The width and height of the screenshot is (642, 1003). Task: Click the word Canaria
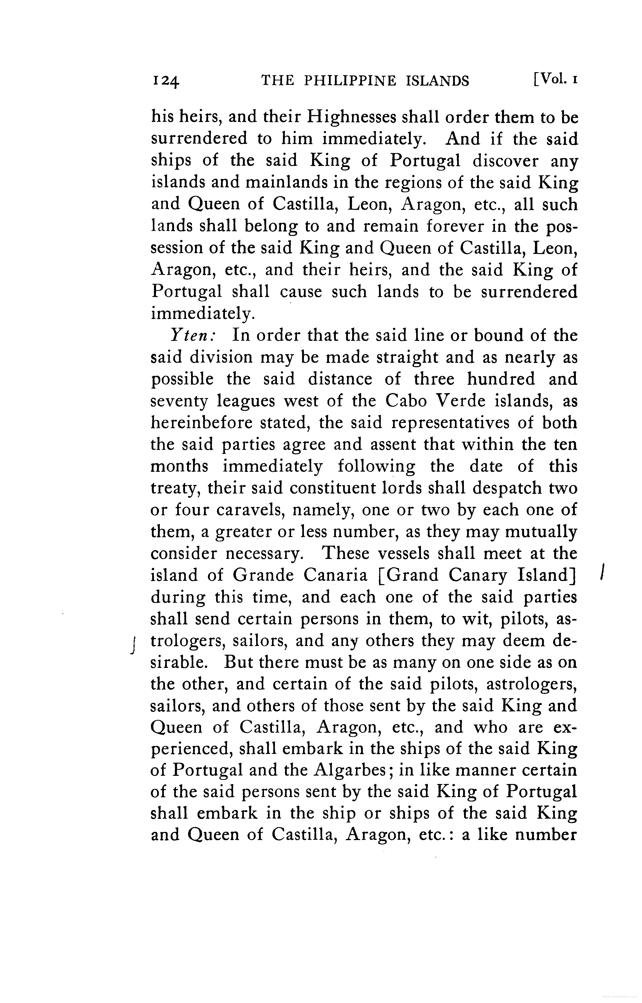[336, 575]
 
